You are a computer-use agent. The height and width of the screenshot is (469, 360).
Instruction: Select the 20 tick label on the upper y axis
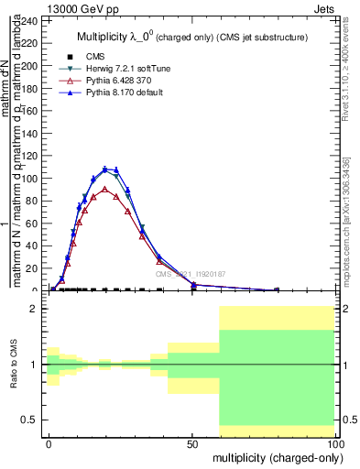coord(33,268)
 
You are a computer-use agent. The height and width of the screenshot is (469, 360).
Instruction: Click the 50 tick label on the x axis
coord(192,442)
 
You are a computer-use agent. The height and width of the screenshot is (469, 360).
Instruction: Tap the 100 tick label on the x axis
coord(336,442)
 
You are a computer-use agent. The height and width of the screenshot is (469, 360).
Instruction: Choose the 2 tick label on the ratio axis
coord(34,309)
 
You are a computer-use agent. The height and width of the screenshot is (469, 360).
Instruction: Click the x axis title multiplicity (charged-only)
coord(274,456)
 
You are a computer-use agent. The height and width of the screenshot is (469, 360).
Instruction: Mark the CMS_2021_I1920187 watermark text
coord(190,273)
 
